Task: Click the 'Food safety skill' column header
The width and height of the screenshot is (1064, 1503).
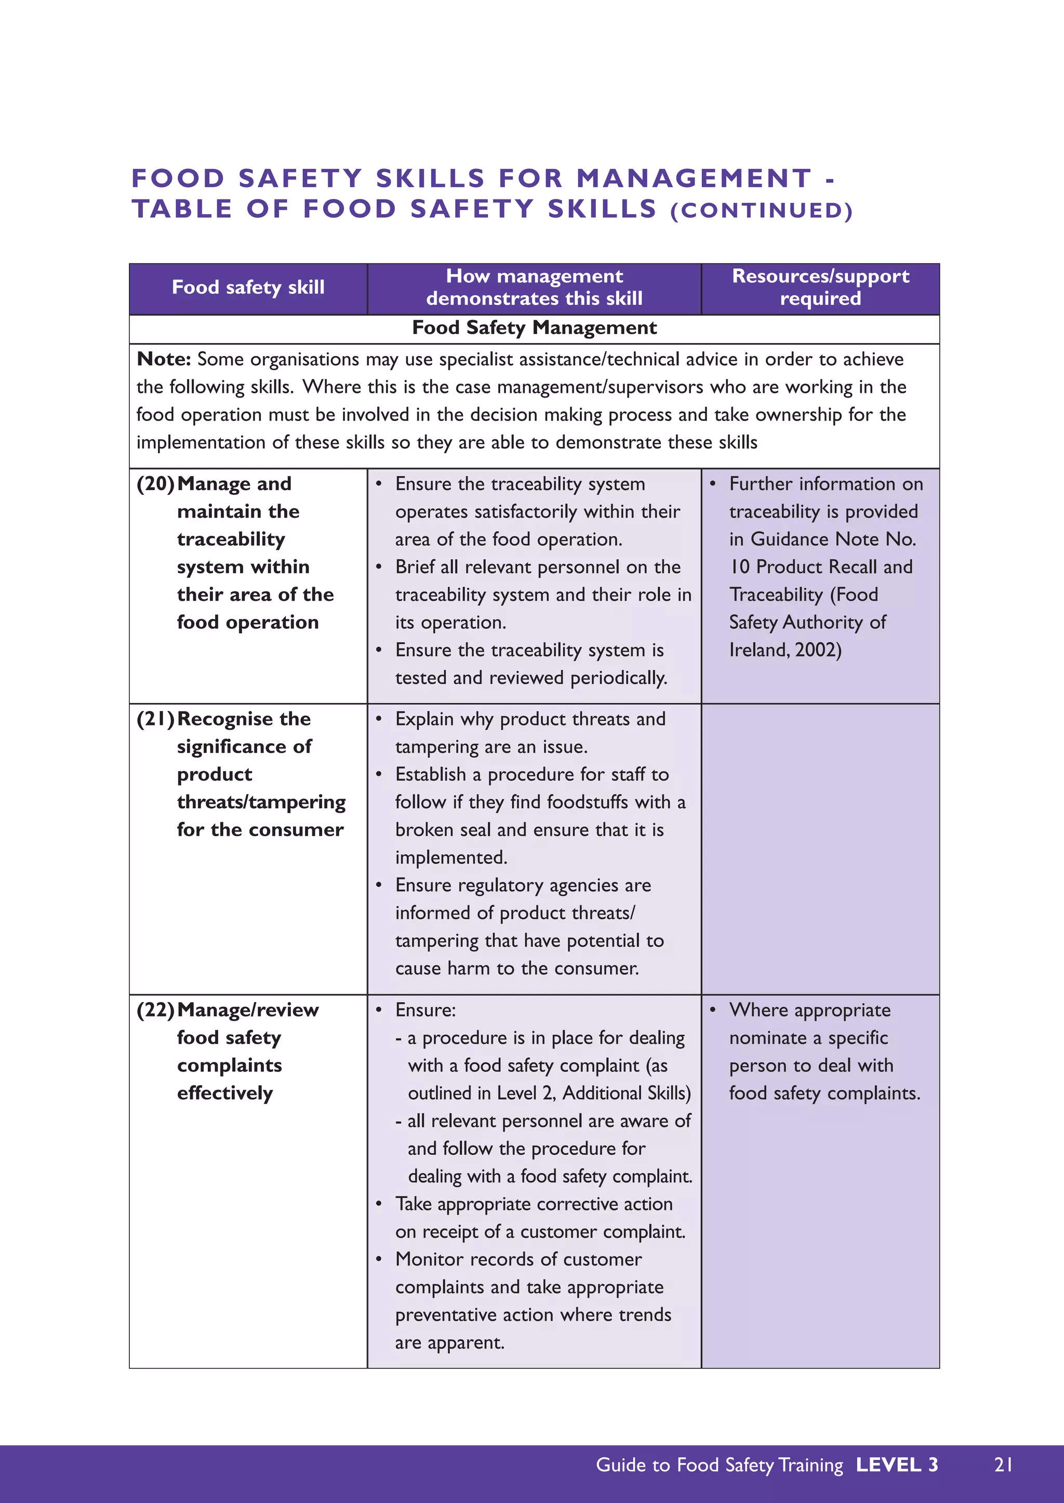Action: pyautogui.click(x=248, y=287)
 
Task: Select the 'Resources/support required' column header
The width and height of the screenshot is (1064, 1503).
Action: pyautogui.click(x=820, y=287)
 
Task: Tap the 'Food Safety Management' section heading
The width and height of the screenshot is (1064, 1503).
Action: pyautogui.click(x=534, y=328)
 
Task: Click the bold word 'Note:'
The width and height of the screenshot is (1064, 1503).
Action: pyautogui.click(x=164, y=359)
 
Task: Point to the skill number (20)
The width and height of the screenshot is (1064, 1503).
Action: pyautogui.click(x=155, y=484)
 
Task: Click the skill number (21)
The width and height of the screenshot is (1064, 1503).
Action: pyautogui.click(x=155, y=719)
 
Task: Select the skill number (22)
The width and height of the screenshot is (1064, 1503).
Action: pyautogui.click(x=155, y=1010)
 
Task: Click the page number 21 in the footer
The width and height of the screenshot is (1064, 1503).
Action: pyautogui.click(x=1003, y=1465)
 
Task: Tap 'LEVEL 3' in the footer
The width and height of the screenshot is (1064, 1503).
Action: pyautogui.click(x=897, y=1465)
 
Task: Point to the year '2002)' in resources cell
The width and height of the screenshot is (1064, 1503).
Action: pyautogui.click(x=818, y=650)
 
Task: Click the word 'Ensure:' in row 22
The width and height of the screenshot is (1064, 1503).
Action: pyautogui.click(x=425, y=1010)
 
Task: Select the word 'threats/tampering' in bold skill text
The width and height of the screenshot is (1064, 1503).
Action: pyautogui.click(x=261, y=802)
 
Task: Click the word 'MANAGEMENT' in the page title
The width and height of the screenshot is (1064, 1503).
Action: pyautogui.click(x=694, y=178)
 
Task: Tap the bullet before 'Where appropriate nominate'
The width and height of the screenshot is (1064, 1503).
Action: pyautogui.click(x=713, y=1009)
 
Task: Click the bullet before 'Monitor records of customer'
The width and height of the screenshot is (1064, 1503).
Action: pyautogui.click(x=379, y=1259)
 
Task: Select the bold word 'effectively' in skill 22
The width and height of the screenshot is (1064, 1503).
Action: pyautogui.click(x=225, y=1093)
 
